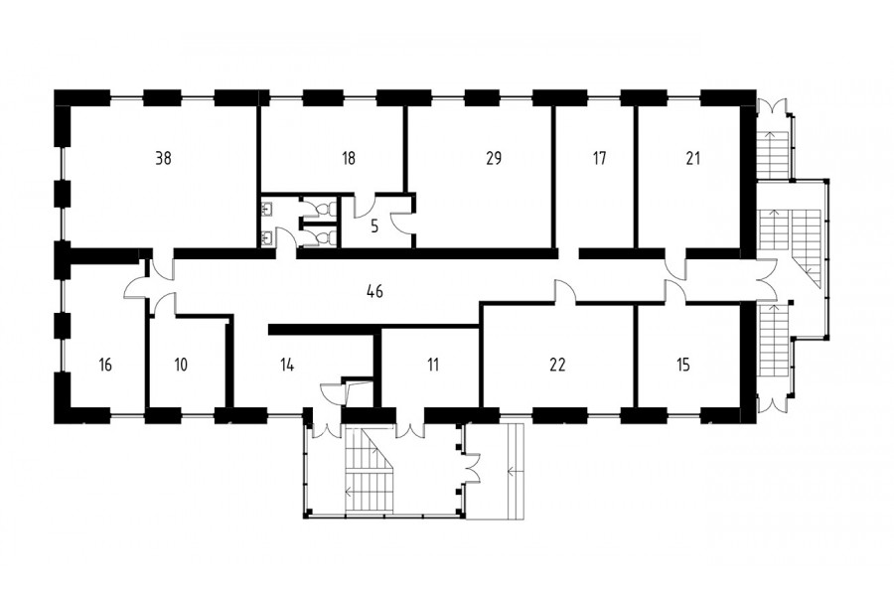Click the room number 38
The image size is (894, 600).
[163, 158]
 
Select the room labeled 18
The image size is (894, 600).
[349, 158]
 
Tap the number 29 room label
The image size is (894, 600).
[494, 158]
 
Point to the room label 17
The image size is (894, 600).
[599, 158]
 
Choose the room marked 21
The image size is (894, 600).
[692, 158]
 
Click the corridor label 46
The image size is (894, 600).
[374, 291]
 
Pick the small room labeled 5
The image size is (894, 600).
[374, 226]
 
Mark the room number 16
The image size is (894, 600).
[105, 365]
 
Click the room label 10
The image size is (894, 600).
[181, 365]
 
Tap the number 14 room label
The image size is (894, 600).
[287, 365]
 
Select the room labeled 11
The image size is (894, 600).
[433, 365]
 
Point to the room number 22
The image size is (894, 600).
[557, 365]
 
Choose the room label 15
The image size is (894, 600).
[683, 365]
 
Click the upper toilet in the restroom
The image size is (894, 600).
[325, 209]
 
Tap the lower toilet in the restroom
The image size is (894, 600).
[325, 236]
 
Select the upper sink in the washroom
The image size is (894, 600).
[266, 209]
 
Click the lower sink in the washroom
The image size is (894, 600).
[266, 236]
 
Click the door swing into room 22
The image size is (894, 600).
[564, 291]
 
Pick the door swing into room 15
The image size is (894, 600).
[675, 291]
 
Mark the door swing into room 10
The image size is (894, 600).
[164, 302]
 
